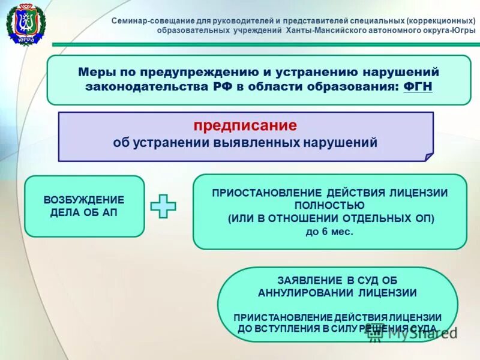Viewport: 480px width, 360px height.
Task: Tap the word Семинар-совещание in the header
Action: point(149,20)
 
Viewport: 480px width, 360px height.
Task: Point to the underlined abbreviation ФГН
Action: point(418,87)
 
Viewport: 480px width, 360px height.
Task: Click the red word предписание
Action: point(245,126)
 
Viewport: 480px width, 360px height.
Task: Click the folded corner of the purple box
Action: point(428,157)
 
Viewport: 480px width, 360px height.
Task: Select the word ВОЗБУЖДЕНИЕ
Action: point(85,199)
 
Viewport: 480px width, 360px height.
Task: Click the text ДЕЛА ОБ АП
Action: point(85,212)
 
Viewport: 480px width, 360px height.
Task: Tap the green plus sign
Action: point(163,206)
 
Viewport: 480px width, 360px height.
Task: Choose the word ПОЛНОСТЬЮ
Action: point(329,205)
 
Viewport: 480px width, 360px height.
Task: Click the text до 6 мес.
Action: point(329,230)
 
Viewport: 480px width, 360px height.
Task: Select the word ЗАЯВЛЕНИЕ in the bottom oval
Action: point(307,280)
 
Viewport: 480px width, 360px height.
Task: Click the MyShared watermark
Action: point(414,333)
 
